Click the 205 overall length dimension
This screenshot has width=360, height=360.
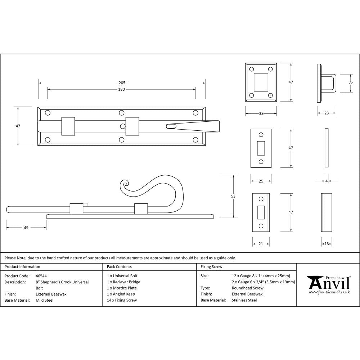(x=122, y=83)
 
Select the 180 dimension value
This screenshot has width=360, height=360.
(x=122, y=89)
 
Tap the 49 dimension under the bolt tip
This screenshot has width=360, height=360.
(x=26, y=228)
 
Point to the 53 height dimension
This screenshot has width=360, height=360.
(x=233, y=196)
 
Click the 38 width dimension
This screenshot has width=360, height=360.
(x=261, y=113)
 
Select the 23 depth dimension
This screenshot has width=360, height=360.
(x=326, y=113)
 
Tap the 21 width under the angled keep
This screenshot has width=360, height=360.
(x=261, y=244)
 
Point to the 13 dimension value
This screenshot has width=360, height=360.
(x=326, y=244)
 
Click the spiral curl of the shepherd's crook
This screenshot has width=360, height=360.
(x=126, y=186)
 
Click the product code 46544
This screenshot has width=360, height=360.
(x=41, y=276)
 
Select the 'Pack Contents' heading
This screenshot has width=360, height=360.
(x=119, y=267)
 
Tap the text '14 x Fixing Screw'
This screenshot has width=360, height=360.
(x=122, y=300)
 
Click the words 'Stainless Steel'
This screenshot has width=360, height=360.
(x=244, y=300)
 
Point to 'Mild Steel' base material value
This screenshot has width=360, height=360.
(x=44, y=300)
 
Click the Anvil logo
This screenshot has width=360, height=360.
(x=328, y=284)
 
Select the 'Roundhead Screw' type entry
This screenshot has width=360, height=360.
(x=247, y=288)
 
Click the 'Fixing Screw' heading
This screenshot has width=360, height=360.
(x=211, y=267)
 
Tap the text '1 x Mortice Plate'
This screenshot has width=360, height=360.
(x=122, y=288)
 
